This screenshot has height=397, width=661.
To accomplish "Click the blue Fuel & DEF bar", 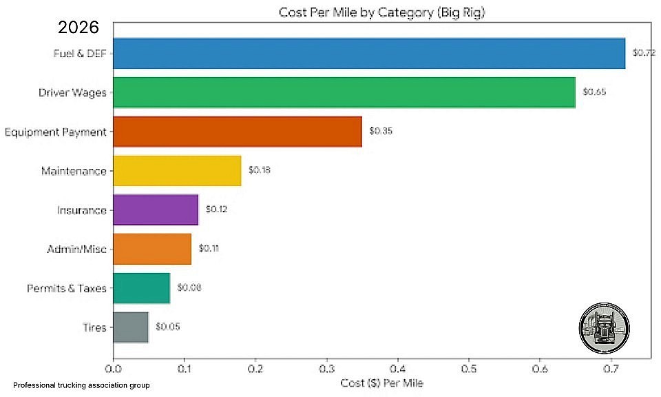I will click(x=369, y=54).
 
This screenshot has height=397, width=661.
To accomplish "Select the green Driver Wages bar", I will click(x=344, y=92).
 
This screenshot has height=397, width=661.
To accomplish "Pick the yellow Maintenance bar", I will click(x=178, y=171).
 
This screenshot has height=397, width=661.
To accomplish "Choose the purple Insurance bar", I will click(x=156, y=210).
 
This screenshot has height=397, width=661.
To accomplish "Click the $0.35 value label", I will click(x=380, y=131).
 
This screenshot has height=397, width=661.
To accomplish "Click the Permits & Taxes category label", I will click(x=67, y=288).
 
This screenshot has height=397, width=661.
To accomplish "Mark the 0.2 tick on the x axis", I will click(x=255, y=369).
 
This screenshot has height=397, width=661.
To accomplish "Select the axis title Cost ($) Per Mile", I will click(x=382, y=383).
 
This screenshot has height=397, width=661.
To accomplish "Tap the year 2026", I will click(x=78, y=28).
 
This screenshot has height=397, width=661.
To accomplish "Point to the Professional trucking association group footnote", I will click(x=81, y=385).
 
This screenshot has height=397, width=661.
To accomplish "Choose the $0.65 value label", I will click(x=594, y=92).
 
